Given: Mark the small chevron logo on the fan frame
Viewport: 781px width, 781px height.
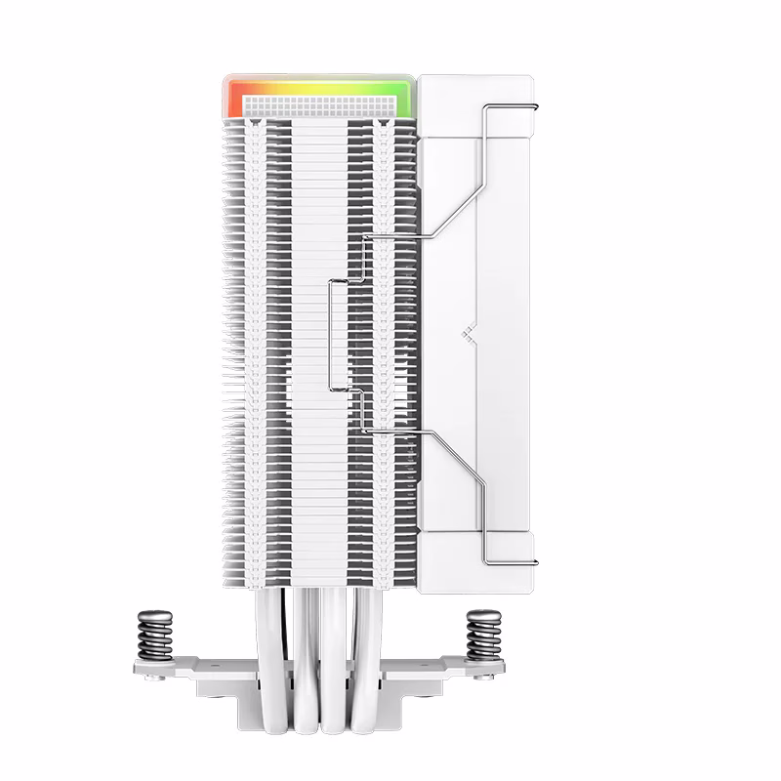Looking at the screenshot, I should coord(466,332).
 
